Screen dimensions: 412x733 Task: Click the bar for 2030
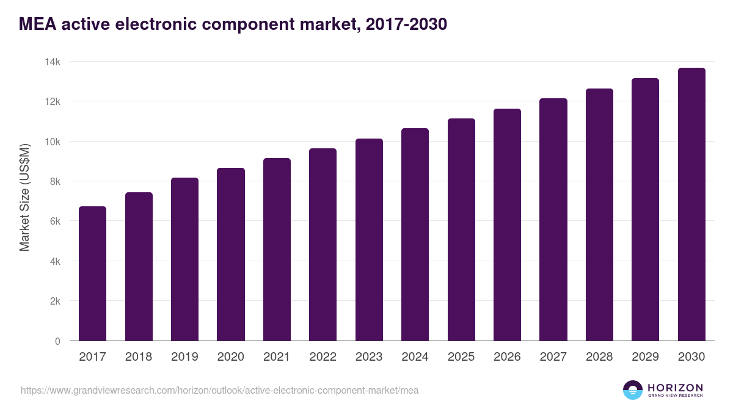(x=691, y=204)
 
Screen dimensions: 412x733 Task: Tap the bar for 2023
(x=369, y=240)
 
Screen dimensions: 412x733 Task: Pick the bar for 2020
(x=231, y=255)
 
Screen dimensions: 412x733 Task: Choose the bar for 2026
(x=507, y=225)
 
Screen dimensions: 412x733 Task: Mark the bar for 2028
(x=599, y=215)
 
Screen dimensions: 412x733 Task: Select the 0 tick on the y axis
(x=57, y=341)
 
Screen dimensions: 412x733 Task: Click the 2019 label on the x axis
(x=184, y=357)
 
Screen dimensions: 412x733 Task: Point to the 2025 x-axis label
(x=461, y=357)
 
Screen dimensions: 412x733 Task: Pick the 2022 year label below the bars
(x=323, y=357)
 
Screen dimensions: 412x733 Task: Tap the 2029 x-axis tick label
(x=645, y=357)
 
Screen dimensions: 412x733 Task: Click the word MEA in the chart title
(x=36, y=24)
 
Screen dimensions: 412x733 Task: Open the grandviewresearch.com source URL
(x=220, y=390)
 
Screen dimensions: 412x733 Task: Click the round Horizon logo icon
(x=633, y=390)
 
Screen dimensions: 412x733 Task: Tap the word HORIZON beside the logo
(x=675, y=388)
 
